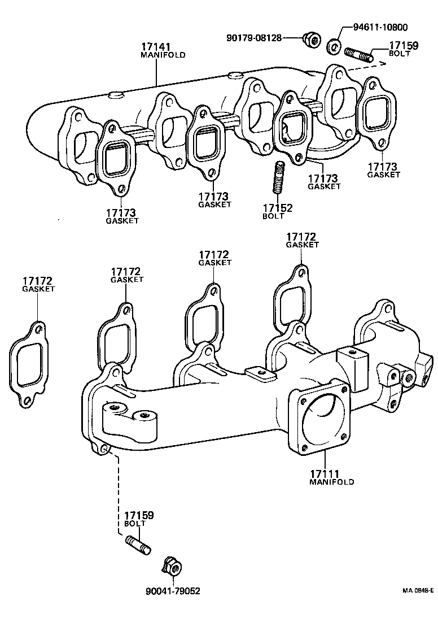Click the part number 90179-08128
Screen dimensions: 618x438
coord(254,38)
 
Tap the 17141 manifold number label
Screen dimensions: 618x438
coord(155,47)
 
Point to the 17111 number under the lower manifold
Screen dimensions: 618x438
coord(323,473)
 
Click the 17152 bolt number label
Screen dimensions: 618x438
coord(277,208)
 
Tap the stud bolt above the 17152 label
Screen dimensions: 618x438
coord(279,176)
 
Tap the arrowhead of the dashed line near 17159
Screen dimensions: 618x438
coord(382,64)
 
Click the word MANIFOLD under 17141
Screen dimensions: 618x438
coord(163,55)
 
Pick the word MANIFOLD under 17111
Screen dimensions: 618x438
coord(332,482)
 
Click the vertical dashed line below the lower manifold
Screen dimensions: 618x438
coord(118,491)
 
